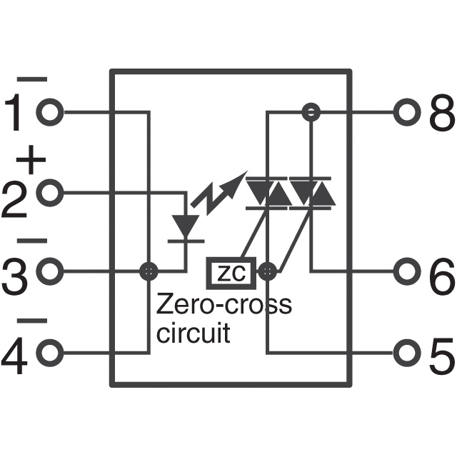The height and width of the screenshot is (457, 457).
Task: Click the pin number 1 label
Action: click(16, 114)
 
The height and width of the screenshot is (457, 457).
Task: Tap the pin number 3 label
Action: click(16, 278)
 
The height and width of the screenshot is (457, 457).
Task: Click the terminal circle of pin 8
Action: click(407, 112)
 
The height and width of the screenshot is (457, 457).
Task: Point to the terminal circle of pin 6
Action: click(407, 271)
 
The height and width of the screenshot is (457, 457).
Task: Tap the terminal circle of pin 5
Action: click(407, 351)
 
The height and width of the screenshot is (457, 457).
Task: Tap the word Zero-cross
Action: click(224, 305)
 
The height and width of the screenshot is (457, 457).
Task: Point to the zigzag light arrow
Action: click(218, 189)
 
